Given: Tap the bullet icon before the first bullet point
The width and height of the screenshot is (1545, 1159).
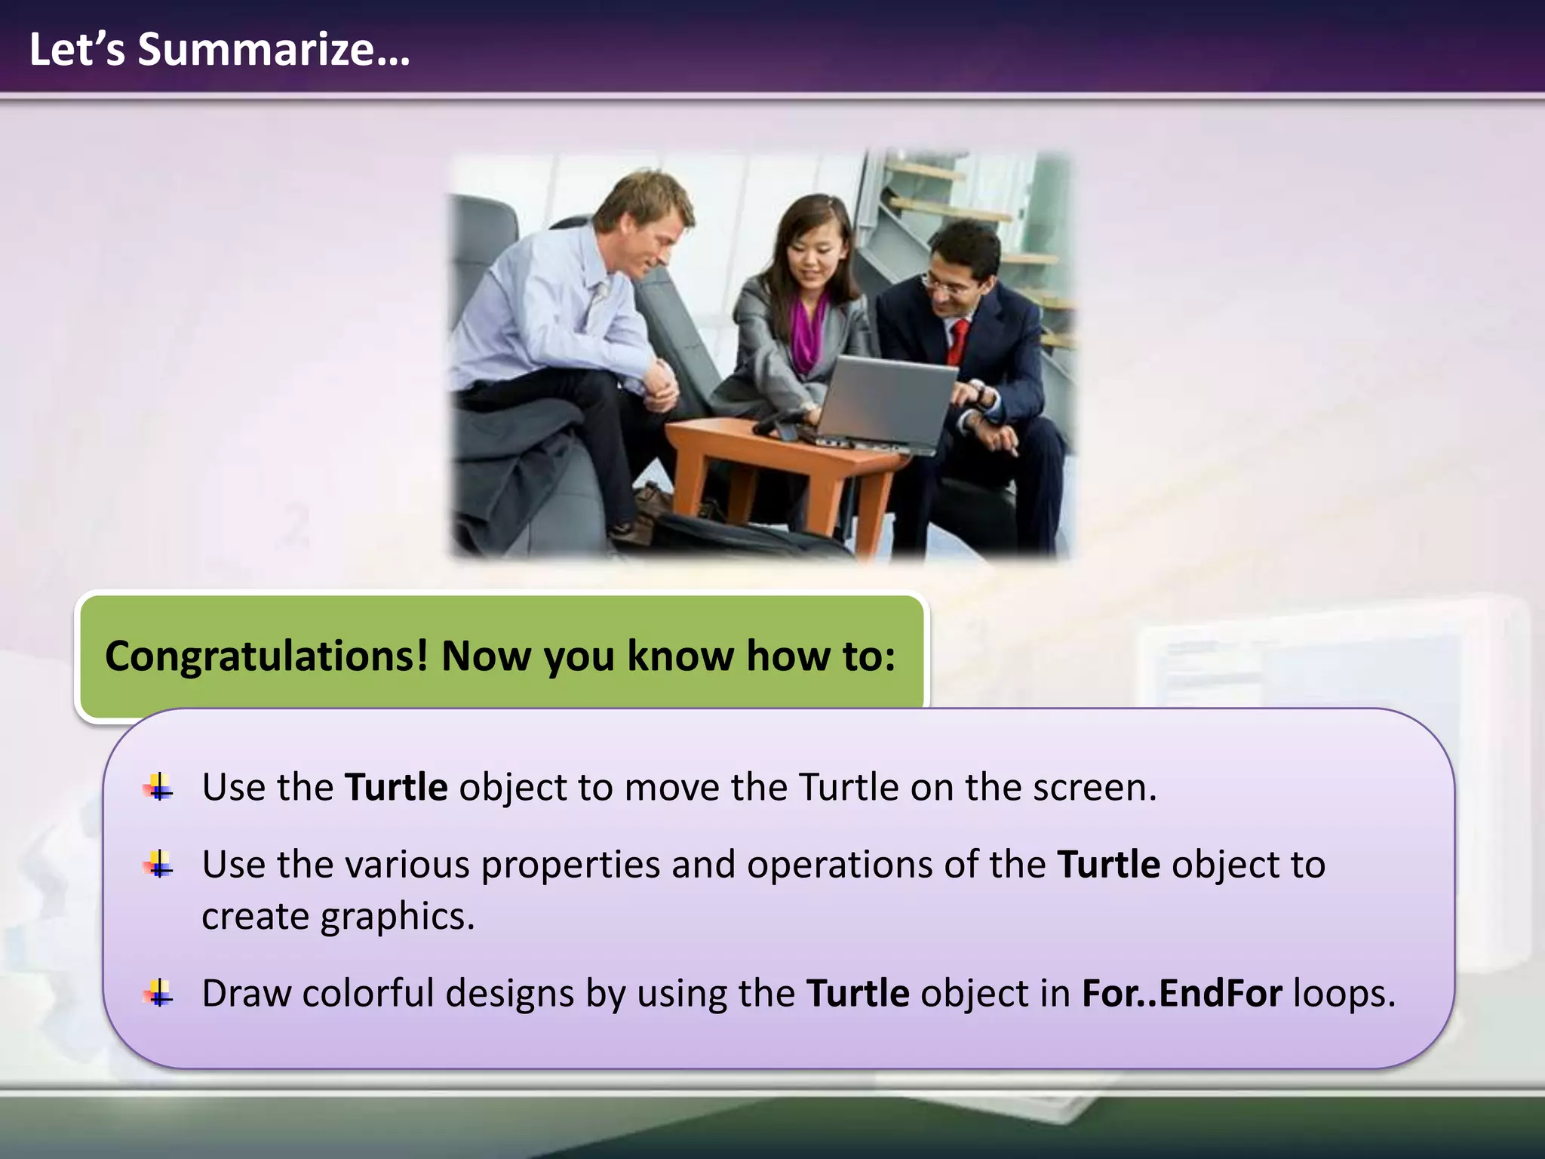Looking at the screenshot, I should click(158, 788).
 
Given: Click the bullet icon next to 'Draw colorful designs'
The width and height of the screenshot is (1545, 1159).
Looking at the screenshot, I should click(158, 994).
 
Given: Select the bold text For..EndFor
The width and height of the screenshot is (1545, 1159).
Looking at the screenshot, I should click(1181, 994).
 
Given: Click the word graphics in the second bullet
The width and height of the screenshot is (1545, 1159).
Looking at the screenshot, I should click(398, 917).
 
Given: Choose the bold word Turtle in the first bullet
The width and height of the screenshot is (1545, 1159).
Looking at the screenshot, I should click(396, 788).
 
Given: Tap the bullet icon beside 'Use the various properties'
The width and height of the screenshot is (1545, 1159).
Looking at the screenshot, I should click(158, 865).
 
